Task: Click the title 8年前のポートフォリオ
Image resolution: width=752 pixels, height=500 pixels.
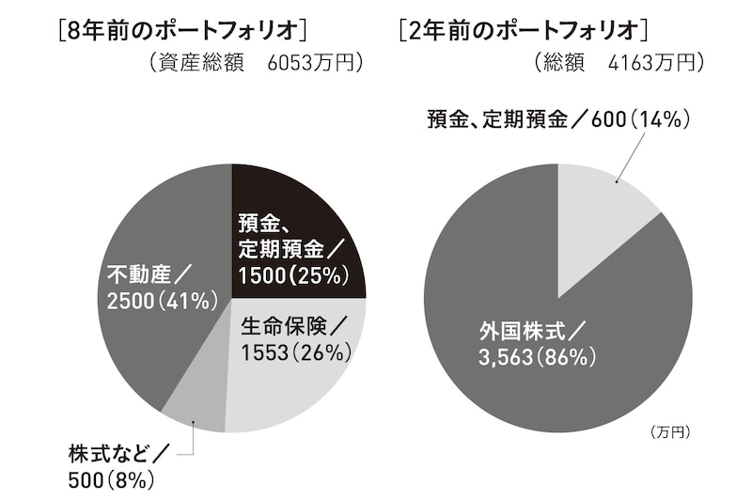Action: (181, 30)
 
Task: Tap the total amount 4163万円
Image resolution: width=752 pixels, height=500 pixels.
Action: (654, 64)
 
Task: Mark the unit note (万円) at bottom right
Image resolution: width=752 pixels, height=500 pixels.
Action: (669, 432)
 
